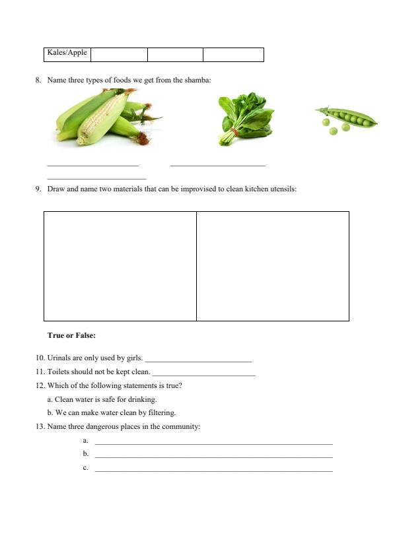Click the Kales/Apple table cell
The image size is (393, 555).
[67, 53]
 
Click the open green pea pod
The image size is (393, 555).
[346, 119]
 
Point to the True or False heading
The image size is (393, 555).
[71, 335]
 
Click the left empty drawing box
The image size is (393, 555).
[120, 266]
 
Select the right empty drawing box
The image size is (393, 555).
[273, 266]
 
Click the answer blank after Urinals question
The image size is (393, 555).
[198, 360]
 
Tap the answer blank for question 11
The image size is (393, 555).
[203, 373]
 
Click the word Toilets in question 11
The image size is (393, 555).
[59, 372]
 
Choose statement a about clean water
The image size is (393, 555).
[102, 399]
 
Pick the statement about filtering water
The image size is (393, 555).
[111, 413]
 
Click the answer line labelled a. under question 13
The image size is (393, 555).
[213, 442]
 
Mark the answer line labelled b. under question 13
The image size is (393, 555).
[213, 455]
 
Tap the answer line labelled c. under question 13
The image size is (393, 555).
[213, 469]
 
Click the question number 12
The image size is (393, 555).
[40, 386]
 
